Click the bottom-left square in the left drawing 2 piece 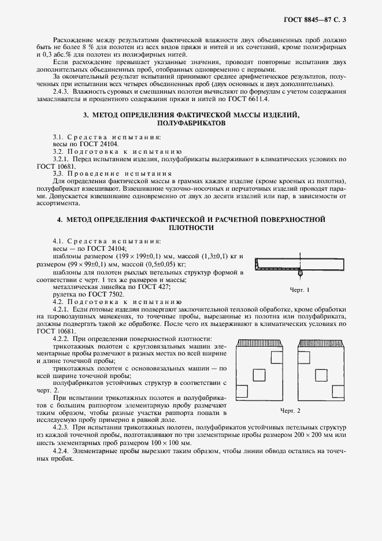243,391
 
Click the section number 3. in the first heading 86,115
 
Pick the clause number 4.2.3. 62,426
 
